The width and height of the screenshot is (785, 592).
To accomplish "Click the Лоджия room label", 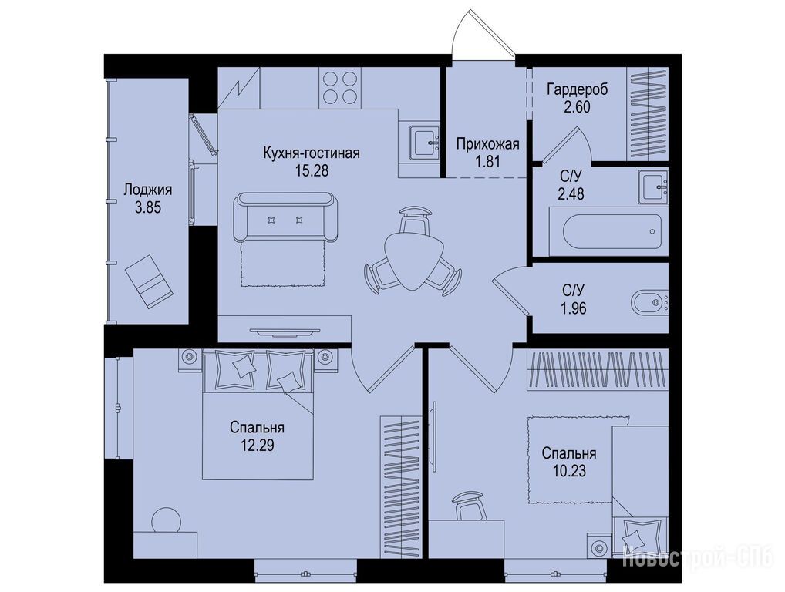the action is pos(148,190).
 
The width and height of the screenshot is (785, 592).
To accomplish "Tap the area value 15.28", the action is pos(312,170).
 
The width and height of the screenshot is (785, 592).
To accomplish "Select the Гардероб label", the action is pos(578,89).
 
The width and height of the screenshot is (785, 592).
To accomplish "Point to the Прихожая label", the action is pos(487,144).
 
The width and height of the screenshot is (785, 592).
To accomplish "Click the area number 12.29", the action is pos(257,446).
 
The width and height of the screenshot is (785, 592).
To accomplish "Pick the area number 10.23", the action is pos(569,471).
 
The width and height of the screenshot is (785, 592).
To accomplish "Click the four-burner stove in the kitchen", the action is pos(340,87).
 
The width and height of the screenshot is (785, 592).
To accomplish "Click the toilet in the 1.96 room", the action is pos(649,302).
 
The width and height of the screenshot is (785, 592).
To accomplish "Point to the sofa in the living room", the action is pos(285,217).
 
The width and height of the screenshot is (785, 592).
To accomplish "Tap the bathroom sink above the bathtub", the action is pos(653,187).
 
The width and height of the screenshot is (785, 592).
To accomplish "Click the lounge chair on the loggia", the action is pos(149,281).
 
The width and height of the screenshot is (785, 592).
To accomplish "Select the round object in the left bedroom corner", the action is pos(167,520).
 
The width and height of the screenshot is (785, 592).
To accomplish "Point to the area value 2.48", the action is pos(571,193).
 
